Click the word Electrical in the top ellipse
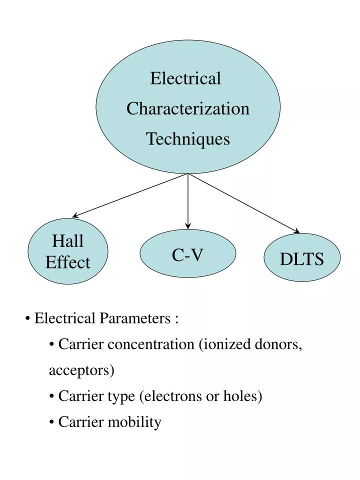point(185,78)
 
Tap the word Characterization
point(187,108)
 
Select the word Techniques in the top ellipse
point(187,138)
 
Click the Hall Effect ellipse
point(68,251)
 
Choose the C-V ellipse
point(187,255)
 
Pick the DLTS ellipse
point(302,258)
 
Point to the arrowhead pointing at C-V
point(188,225)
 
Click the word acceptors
point(81,370)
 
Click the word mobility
point(134,422)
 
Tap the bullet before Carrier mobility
point(52,422)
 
